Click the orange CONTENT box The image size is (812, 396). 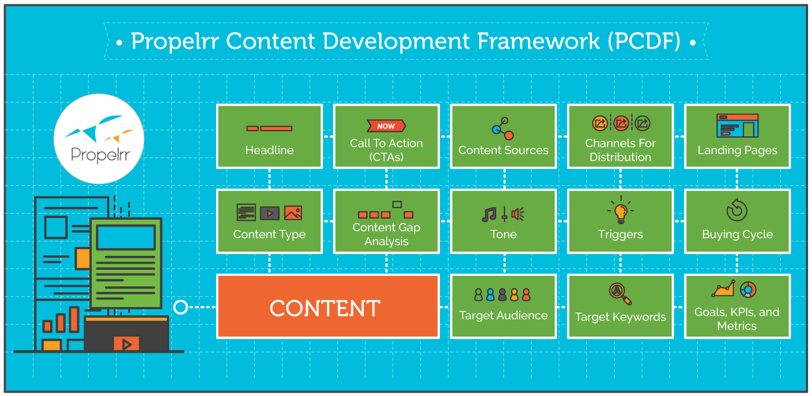pyautogui.click(x=327, y=306)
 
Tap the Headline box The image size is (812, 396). pyautogui.click(x=270, y=136)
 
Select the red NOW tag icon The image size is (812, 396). pyautogui.click(x=386, y=126)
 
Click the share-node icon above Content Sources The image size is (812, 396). pyautogui.click(x=503, y=128)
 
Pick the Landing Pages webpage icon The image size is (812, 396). pyautogui.click(x=737, y=126)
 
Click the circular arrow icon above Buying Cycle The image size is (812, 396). pyautogui.click(x=737, y=210)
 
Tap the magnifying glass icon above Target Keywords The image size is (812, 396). pyautogui.click(x=620, y=294)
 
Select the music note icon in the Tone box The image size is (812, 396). pyautogui.click(x=489, y=214)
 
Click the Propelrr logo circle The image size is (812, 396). pyautogui.click(x=99, y=139)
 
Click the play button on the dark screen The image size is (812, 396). pyautogui.click(x=126, y=344)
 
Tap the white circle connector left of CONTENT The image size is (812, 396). pyautogui.click(x=180, y=307)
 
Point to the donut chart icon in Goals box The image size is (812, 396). pyautogui.click(x=748, y=290)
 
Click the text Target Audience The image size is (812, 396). pyautogui.click(x=503, y=315)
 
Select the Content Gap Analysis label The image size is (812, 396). pyautogui.click(x=387, y=234)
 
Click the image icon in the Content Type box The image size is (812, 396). pyautogui.click(x=293, y=213)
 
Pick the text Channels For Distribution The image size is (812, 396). pyautogui.click(x=620, y=150)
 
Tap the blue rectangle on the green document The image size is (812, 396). pyautogui.click(x=126, y=237)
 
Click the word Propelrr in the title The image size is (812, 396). pyautogui.click(x=175, y=42)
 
